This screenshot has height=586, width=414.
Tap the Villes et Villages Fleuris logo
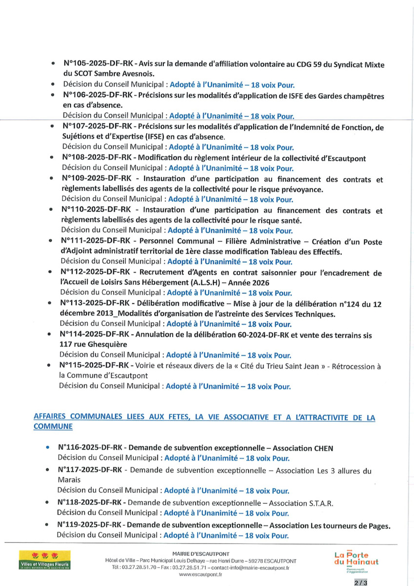point(44,561)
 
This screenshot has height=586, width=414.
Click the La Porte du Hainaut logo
point(356,561)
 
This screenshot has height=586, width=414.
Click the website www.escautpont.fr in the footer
point(200,575)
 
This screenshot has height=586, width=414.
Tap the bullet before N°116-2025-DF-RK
point(48,447)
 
